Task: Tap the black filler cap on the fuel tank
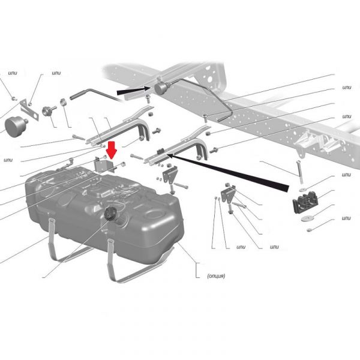click(111, 213)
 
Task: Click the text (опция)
click(216, 276)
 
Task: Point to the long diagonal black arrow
click(228, 172)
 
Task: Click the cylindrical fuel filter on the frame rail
click(161, 88)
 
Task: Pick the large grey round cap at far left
click(15, 127)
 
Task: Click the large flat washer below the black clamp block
click(306, 218)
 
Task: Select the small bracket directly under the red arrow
click(104, 165)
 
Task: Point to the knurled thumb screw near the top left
click(49, 110)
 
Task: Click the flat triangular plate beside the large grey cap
click(29, 110)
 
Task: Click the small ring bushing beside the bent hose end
click(63, 102)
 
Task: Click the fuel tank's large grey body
click(103, 214)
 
